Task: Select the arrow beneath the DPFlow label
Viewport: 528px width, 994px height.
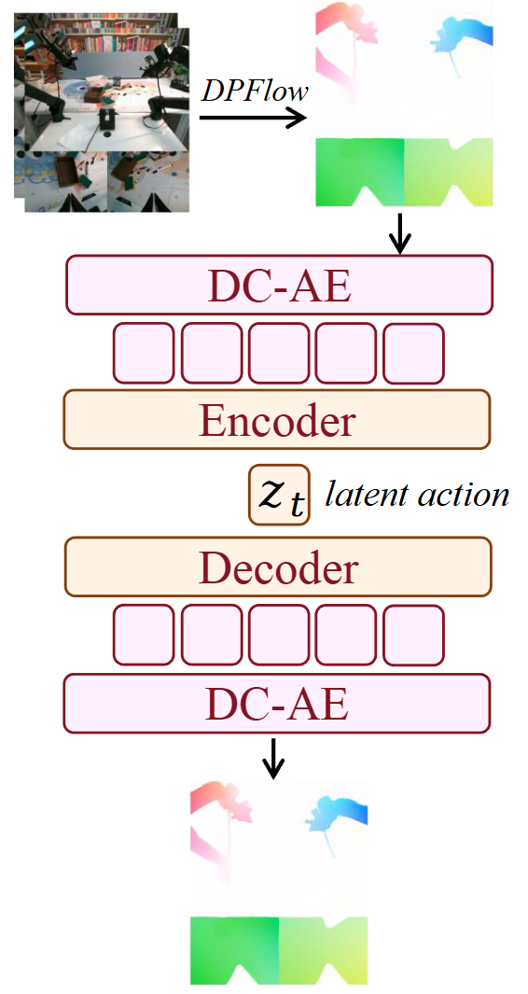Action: [252, 118]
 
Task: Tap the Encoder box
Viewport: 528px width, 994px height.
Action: [276, 420]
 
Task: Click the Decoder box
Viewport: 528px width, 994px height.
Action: [277, 567]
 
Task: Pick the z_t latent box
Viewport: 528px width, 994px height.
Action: [278, 495]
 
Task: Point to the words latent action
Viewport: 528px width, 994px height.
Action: [416, 494]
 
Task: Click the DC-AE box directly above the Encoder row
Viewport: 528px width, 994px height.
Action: [278, 285]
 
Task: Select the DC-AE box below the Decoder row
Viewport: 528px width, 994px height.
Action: [277, 704]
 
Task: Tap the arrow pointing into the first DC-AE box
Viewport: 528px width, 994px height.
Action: [399, 233]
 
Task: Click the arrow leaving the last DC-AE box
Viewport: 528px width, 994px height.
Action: [272, 758]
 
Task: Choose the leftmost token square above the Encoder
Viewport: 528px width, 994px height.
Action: [143, 353]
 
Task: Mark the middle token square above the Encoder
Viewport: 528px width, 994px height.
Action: [278, 353]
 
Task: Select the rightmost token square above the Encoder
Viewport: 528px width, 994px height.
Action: [413, 353]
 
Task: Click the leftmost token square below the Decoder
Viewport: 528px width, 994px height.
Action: [143, 634]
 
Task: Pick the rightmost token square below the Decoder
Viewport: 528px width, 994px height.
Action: [413, 634]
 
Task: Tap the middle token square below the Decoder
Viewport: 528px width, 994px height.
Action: [278, 634]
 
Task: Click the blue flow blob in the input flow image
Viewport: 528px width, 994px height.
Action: [460, 37]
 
